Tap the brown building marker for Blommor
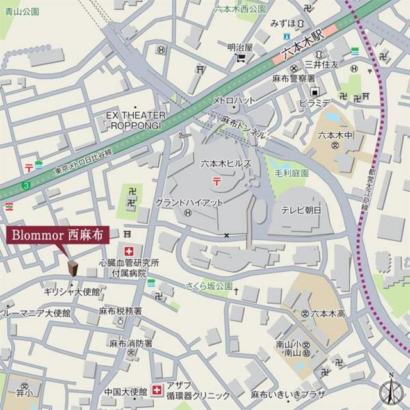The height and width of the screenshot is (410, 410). [x=72, y=267]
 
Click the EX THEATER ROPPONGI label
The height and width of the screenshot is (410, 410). [x=136, y=120]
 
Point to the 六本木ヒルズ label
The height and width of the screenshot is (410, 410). [x=225, y=163]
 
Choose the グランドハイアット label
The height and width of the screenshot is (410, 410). [x=189, y=202]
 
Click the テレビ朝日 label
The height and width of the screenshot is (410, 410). [x=300, y=209]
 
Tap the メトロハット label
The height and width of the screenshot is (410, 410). [x=234, y=101]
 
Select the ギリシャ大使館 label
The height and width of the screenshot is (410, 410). [x=72, y=292]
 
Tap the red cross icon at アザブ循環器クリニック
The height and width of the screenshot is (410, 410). [x=156, y=389]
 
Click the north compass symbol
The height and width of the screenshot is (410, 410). [x=390, y=389]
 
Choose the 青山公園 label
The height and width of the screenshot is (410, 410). [x=20, y=12]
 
